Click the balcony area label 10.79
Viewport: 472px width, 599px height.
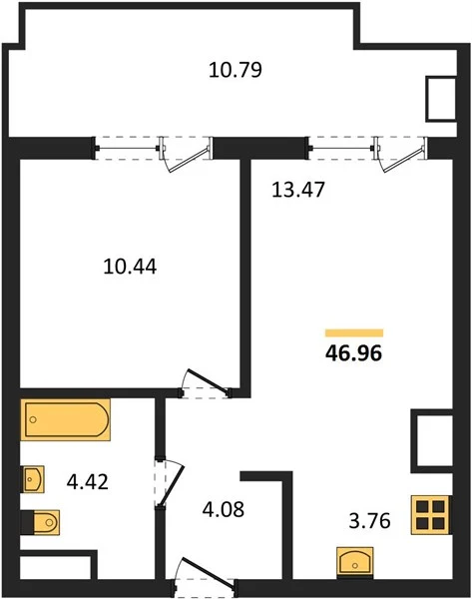pos(236,70)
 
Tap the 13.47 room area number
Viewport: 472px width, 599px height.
pos(297,190)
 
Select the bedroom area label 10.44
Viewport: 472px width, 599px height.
pos(130,267)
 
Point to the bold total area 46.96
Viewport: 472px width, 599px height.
pos(353,353)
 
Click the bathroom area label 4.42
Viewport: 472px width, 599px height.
pos(88,482)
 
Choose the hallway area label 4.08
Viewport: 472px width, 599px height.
pos(223,509)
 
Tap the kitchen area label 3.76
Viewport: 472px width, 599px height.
pos(369,521)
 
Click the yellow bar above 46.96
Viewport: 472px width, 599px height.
pos(354,333)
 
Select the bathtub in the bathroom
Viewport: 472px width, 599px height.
pos(65,419)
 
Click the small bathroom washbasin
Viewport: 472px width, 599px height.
pos(33,479)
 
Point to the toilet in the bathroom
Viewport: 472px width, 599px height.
pos(41,522)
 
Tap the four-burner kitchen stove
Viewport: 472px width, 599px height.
pos(431,514)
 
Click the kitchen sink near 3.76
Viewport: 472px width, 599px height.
pos(355,561)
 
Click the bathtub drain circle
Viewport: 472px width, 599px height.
pos(33,420)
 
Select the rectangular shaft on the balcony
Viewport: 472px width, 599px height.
pos(441,99)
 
